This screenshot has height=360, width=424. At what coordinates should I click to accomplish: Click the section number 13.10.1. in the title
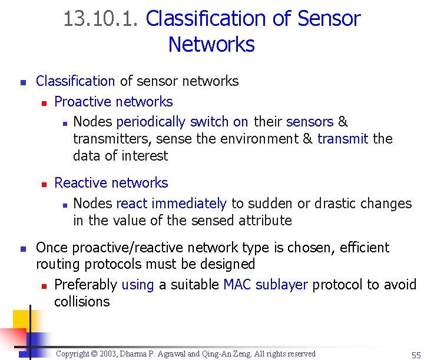pos(101,19)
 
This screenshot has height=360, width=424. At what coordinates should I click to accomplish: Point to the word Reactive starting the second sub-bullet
pos(81,183)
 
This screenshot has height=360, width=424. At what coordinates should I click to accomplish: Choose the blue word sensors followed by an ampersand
pos(310,122)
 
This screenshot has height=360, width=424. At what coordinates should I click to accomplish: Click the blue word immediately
pos(188,204)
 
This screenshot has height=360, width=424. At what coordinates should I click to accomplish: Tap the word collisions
pos(82,302)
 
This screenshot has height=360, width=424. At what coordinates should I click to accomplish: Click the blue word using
pos(137,285)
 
